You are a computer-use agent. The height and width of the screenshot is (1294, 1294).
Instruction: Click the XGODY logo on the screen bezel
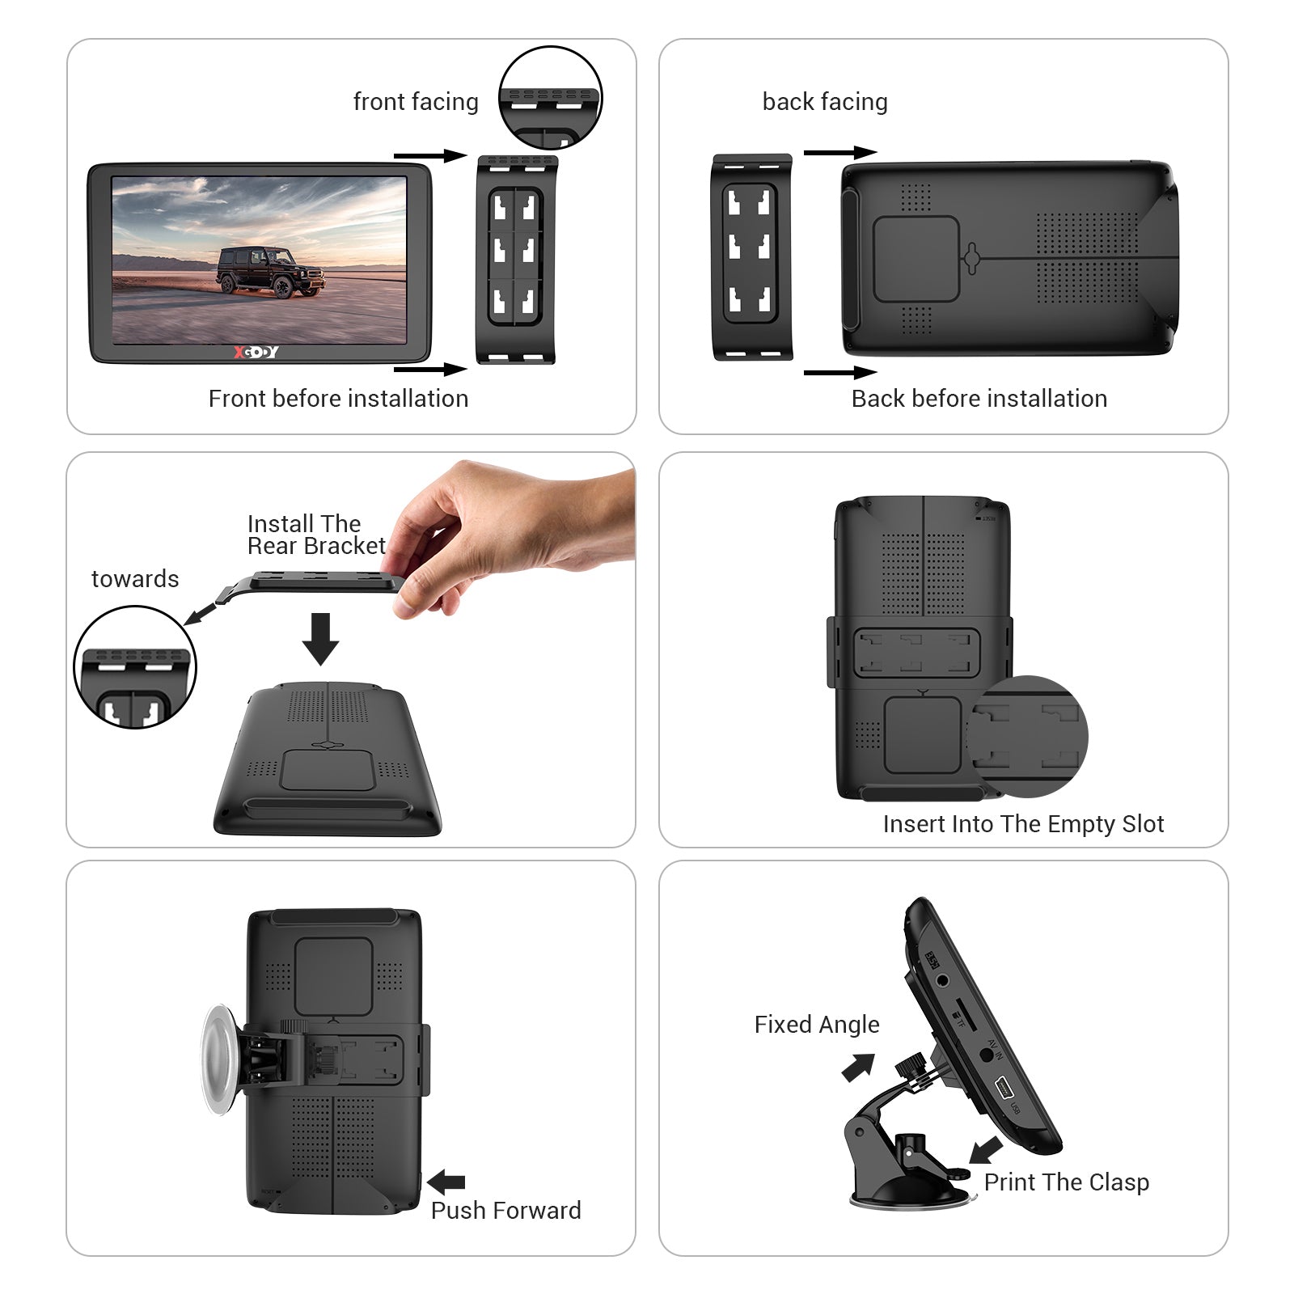(256, 352)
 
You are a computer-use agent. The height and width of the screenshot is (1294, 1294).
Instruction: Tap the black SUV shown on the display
(271, 272)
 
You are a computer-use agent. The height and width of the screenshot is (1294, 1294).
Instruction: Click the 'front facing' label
(416, 102)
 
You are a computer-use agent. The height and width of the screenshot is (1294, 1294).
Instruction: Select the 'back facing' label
(825, 102)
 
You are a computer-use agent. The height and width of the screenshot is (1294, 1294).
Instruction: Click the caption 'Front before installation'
(338, 399)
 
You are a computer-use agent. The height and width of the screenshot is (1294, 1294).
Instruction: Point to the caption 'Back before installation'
(979, 399)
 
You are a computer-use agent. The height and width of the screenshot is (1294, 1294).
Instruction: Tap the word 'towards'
(135, 579)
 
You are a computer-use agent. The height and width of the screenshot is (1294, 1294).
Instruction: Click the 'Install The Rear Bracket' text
(315, 535)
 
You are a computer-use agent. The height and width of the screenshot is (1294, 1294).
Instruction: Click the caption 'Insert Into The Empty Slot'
(1023, 824)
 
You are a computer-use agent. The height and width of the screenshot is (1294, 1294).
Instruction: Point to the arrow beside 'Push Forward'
(446, 1182)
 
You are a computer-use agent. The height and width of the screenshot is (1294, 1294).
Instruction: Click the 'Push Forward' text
(505, 1211)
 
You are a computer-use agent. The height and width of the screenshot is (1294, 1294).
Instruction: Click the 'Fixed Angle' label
(817, 1025)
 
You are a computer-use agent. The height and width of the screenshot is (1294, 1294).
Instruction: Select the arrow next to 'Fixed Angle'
(858, 1067)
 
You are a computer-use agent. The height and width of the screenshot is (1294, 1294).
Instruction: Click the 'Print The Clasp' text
(1066, 1182)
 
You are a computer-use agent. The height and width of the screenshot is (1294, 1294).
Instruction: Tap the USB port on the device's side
(1003, 1088)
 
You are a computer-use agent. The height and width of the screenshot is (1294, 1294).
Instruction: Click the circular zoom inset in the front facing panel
(550, 98)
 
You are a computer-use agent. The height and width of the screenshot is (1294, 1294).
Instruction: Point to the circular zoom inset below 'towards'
(135, 667)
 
